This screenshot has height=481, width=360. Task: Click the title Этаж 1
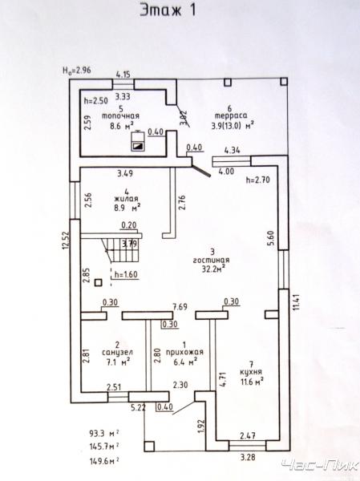[x=168, y=10]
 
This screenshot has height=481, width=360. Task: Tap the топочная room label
[x=120, y=116]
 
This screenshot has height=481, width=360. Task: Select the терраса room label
[x=231, y=116]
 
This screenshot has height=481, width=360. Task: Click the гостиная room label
[x=212, y=260]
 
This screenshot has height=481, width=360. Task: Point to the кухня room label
[x=251, y=372]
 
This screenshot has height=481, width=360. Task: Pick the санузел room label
[x=117, y=353]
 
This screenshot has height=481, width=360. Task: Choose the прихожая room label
[x=184, y=352]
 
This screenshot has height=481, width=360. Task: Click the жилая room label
[x=126, y=199]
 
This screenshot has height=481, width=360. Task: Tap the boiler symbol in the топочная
[x=139, y=141]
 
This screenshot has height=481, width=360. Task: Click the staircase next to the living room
[x=123, y=249]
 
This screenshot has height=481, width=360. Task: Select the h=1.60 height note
[x=126, y=274]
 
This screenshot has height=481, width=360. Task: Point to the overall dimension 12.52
[x=66, y=240]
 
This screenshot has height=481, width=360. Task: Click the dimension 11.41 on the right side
[x=296, y=302]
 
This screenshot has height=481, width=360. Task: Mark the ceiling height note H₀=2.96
[x=77, y=70]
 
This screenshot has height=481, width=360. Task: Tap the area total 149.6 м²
[x=104, y=461]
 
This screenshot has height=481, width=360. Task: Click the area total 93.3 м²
[x=104, y=434]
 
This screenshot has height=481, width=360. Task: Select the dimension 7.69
[x=180, y=307]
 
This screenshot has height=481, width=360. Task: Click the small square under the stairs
[x=98, y=282]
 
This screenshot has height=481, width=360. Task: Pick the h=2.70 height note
[x=258, y=180]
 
